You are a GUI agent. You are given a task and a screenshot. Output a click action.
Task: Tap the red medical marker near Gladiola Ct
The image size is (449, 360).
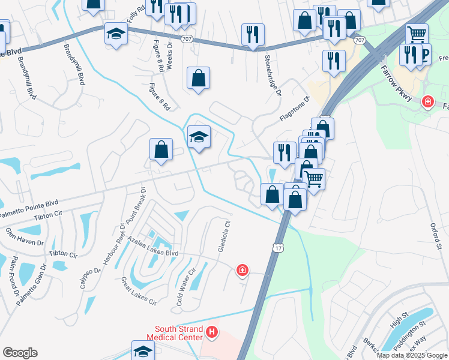click(x=243, y=271)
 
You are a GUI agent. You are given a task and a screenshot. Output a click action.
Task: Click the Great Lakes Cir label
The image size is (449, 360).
click(x=139, y=291)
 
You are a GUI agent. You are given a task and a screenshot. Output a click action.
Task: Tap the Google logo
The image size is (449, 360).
click(x=20, y=353)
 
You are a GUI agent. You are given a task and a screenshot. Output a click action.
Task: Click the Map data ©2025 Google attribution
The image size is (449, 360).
click(x=411, y=355)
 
